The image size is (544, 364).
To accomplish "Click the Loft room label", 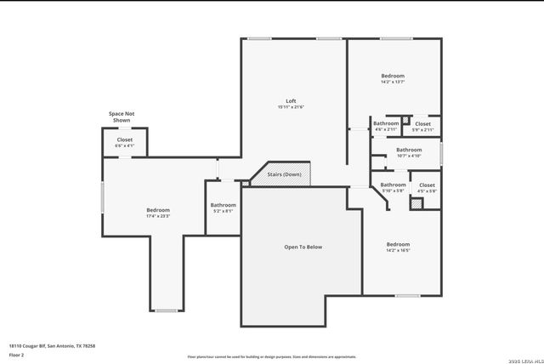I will click(291, 101).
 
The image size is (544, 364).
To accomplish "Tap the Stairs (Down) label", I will click(284, 173).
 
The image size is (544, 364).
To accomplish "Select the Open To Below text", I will click(303, 247).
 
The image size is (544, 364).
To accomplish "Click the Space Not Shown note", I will click(122, 117).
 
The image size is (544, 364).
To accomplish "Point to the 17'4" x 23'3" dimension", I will click(158, 216).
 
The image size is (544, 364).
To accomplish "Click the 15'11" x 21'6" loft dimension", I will click(291, 107).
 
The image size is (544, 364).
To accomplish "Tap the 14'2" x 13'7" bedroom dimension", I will click(393, 82).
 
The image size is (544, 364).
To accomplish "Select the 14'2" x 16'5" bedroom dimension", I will click(398, 250).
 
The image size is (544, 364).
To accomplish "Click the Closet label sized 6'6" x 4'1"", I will click(124, 139).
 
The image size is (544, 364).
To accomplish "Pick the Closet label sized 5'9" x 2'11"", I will click(422, 124).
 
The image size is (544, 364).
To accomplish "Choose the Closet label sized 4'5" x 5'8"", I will click(427, 185).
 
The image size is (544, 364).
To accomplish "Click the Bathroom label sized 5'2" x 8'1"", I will click(224, 205).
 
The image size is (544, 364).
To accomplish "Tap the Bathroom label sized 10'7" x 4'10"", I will click(409, 150).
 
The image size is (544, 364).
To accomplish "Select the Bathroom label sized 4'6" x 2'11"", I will click(386, 124).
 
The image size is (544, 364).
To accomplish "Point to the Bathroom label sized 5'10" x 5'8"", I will click(393, 185).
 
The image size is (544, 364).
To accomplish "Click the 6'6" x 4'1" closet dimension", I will click(124, 145).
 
